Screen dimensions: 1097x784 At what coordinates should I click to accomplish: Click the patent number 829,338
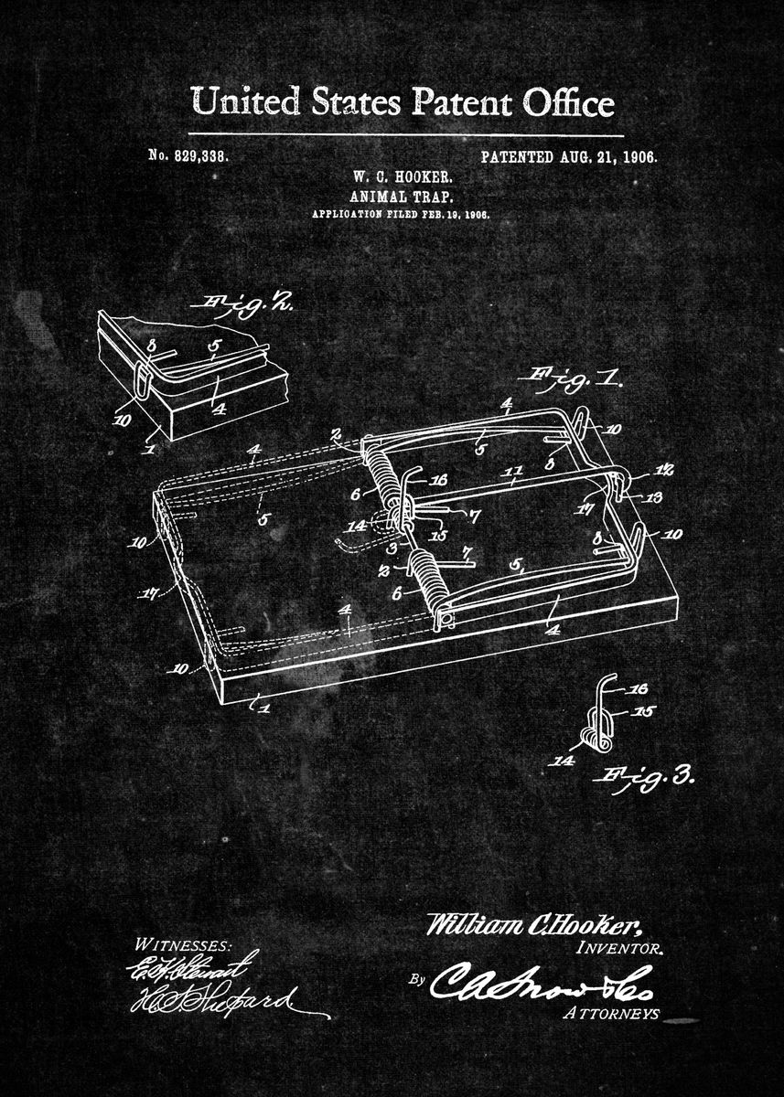tap(188, 156)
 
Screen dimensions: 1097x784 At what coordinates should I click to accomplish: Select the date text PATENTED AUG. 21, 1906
tap(568, 156)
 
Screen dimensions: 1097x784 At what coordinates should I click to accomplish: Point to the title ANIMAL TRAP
tap(401, 196)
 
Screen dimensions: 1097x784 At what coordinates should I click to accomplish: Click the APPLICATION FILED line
tap(401, 213)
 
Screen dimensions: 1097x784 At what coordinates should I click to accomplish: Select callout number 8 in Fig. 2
tap(153, 346)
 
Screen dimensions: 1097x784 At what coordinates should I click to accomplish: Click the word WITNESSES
tap(183, 944)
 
